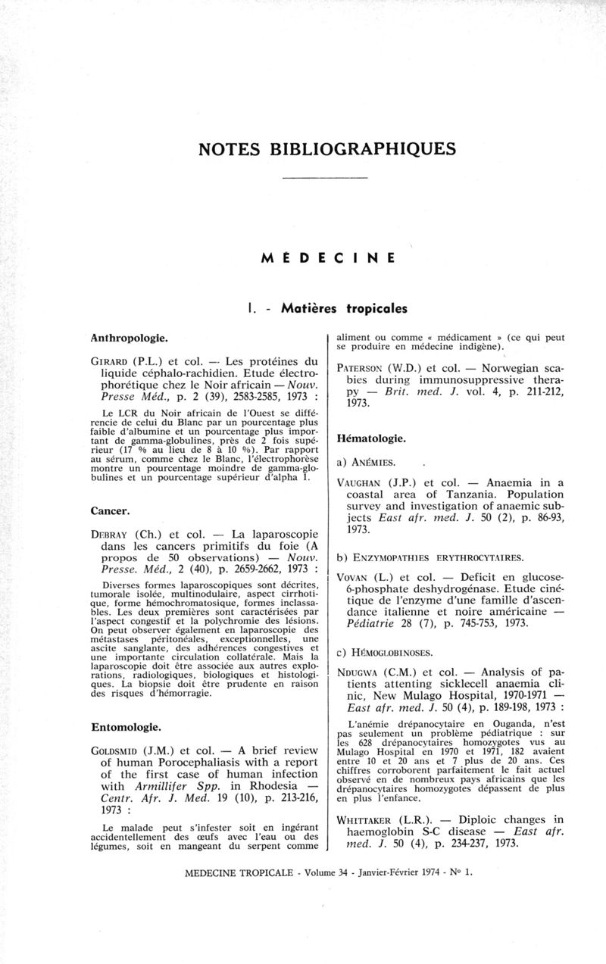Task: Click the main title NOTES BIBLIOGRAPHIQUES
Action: [327, 147]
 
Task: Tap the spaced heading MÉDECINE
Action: [328, 257]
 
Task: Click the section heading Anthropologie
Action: [129, 334]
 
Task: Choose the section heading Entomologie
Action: [126, 727]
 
